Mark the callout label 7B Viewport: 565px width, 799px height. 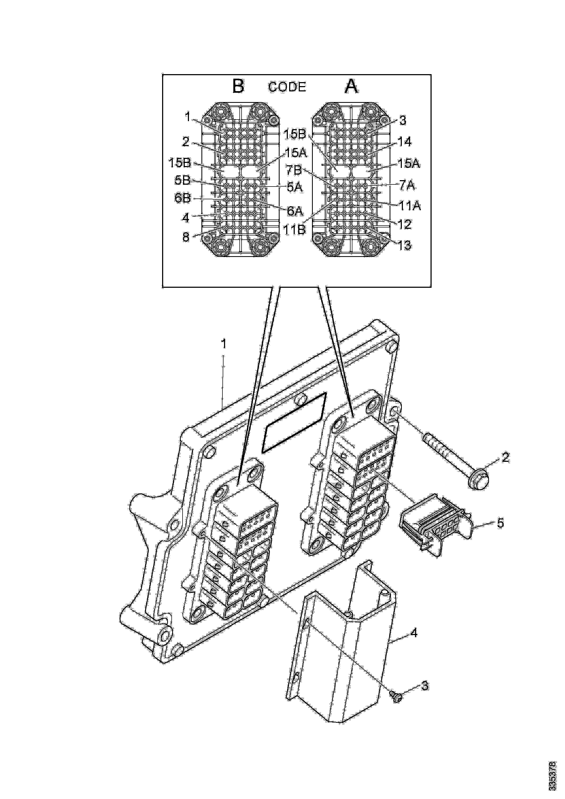(x=294, y=171)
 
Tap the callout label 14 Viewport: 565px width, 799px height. (x=404, y=142)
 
